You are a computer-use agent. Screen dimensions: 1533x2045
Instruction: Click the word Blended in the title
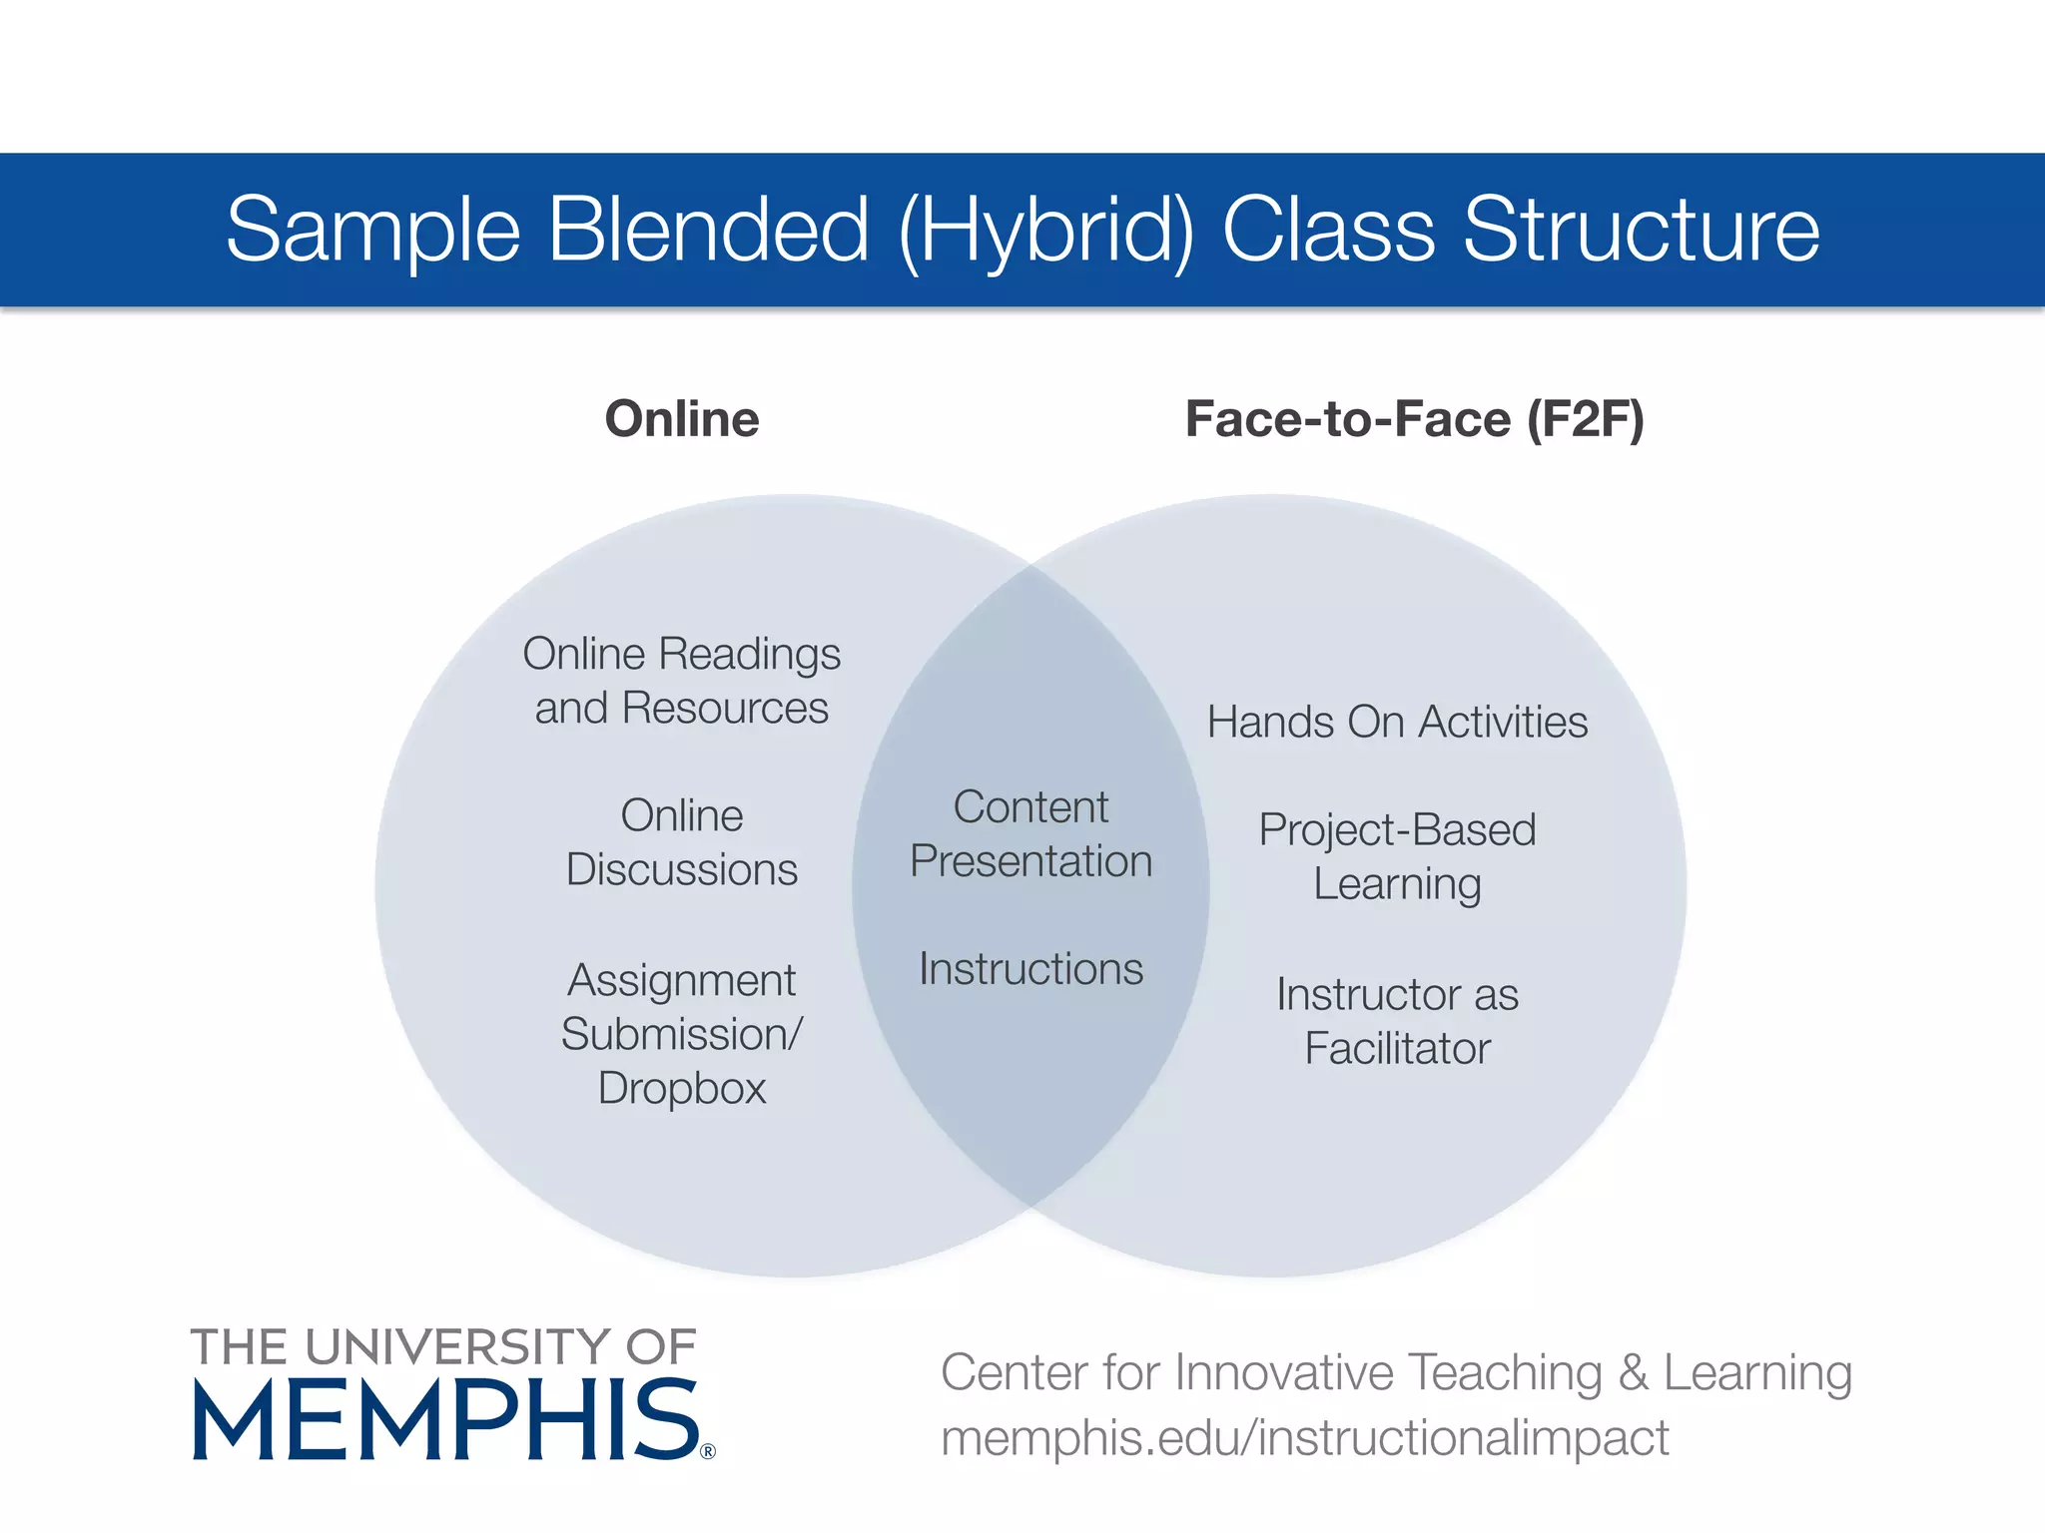pyautogui.click(x=708, y=230)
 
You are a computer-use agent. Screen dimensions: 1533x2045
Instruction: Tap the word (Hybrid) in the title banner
pyautogui.click(x=1046, y=232)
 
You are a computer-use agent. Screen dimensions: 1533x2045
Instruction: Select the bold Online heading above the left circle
pyautogui.click(x=682, y=418)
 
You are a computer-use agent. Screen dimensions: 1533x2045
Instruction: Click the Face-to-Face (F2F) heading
pyautogui.click(x=1414, y=418)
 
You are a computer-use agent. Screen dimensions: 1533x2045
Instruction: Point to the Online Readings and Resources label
pyautogui.click(x=682, y=681)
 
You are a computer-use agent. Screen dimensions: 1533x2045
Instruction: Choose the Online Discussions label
pyautogui.click(x=682, y=842)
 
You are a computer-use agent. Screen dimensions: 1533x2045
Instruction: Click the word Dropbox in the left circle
pyautogui.click(x=682, y=1088)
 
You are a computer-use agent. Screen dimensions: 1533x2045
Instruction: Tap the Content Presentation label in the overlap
pyautogui.click(x=1030, y=834)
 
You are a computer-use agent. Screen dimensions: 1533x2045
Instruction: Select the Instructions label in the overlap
pyautogui.click(x=1030, y=969)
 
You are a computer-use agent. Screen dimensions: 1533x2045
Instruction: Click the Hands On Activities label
pyautogui.click(x=1397, y=722)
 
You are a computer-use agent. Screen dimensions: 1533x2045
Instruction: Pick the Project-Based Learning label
pyautogui.click(x=1397, y=856)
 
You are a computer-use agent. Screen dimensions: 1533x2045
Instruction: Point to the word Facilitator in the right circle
pyautogui.click(x=1397, y=1048)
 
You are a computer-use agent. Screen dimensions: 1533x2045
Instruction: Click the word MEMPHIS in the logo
pyautogui.click(x=445, y=1419)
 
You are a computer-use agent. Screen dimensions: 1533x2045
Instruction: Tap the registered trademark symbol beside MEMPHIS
pyautogui.click(x=708, y=1451)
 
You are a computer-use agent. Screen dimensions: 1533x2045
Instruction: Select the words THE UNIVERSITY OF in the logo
pyautogui.click(x=443, y=1346)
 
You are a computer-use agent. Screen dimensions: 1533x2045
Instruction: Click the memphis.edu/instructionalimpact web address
pyautogui.click(x=1305, y=1438)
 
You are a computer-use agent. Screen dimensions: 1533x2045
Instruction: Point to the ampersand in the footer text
pyautogui.click(x=1633, y=1372)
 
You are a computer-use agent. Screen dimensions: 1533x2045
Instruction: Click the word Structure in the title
pyautogui.click(x=1642, y=230)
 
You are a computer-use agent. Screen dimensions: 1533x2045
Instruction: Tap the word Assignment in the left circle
pyautogui.click(x=682, y=980)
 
